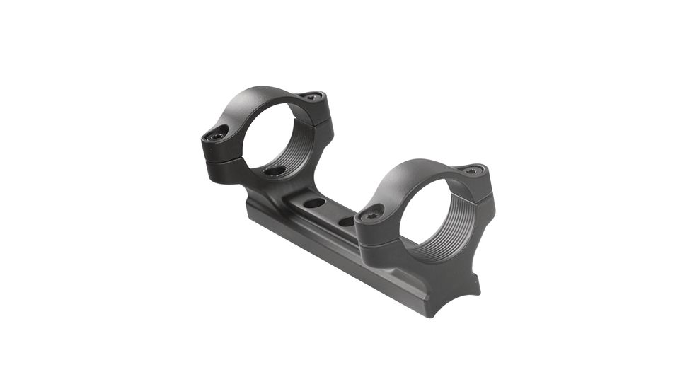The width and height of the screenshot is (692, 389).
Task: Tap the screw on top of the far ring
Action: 309,97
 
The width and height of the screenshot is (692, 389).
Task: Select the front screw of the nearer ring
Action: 372,211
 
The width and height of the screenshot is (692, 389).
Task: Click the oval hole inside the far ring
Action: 275,170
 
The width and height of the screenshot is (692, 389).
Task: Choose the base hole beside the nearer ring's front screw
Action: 347,221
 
